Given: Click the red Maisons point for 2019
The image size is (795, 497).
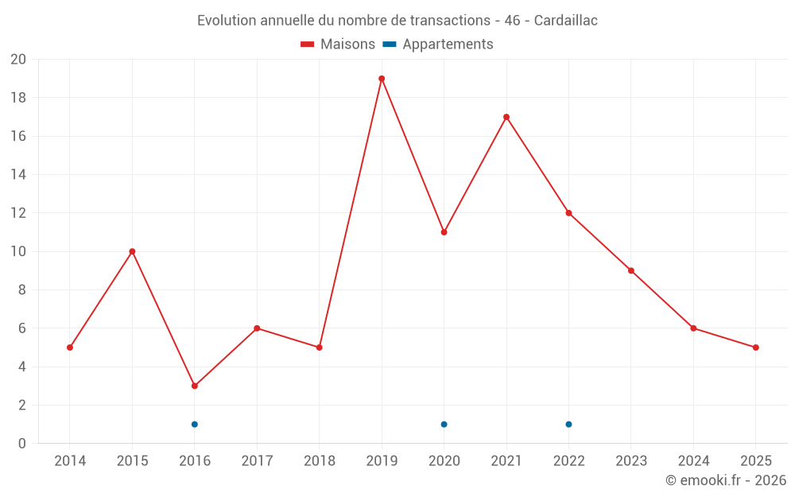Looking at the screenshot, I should [382, 79].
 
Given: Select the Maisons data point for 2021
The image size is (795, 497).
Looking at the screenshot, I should [506, 117].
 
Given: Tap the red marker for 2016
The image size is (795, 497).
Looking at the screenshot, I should [194, 386].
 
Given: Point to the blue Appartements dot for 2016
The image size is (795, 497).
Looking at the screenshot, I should [194, 424].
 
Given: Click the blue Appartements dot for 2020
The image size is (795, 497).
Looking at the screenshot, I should [444, 424].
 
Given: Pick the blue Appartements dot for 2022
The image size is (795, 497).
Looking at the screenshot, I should [568, 424].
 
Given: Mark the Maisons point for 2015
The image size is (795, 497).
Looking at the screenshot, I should [132, 251].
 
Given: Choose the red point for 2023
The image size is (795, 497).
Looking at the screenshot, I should [631, 270].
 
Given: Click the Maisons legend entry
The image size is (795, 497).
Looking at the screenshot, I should [338, 45].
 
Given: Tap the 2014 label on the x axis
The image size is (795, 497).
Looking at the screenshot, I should [70, 460].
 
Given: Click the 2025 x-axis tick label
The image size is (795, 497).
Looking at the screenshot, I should [755, 460].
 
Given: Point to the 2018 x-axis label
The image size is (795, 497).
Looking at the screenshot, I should [319, 460].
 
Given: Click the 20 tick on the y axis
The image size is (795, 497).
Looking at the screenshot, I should [18, 60].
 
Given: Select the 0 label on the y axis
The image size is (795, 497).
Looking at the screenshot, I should [22, 443].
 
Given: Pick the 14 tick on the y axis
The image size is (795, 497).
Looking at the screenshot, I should [18, 174].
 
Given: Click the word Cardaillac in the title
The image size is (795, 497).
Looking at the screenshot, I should [565, 21].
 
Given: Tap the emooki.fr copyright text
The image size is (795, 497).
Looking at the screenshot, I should [726, 480].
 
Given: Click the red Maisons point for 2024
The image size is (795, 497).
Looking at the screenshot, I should [693, 328].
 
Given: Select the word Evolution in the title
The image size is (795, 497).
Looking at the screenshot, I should [227, 21].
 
